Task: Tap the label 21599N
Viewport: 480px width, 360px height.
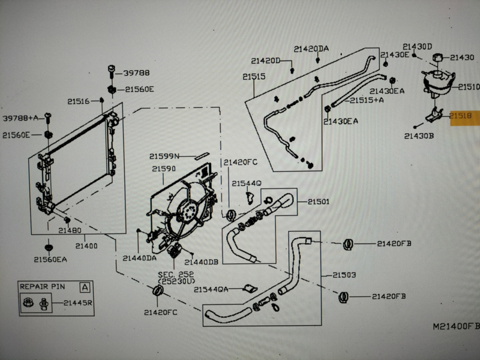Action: click(x=166, y=156)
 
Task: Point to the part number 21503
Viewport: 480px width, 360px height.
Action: click(x=344, y=275)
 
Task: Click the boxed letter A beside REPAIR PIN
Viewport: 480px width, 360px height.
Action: click(x=86, y=287)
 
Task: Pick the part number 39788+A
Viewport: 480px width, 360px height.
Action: click(x=20, y=118)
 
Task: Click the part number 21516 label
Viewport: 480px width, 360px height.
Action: click(x=78, y=101)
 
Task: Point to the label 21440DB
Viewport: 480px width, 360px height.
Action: click(x=202, y=262)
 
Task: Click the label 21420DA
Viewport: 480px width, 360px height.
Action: click(x=311, y=49)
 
